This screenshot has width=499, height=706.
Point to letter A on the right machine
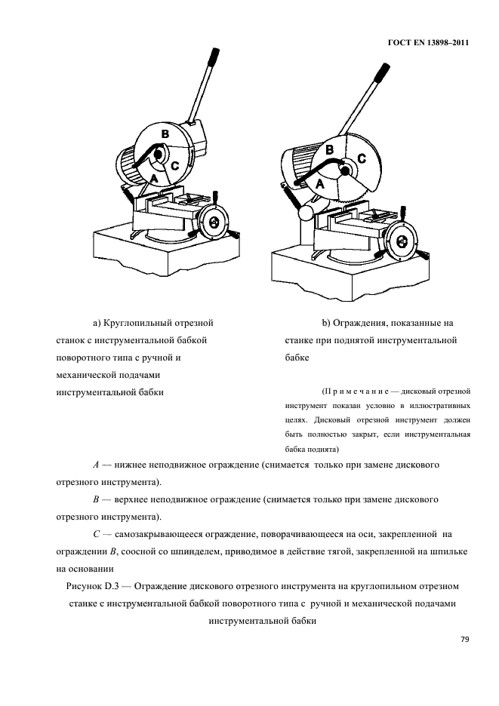coord(319,183)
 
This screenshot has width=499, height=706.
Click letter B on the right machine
coord(329,150)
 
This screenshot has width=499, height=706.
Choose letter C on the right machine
coord(361,158)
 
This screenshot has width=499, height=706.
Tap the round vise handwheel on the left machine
coord(214,222)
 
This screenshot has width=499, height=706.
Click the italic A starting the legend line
coord(94,465)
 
